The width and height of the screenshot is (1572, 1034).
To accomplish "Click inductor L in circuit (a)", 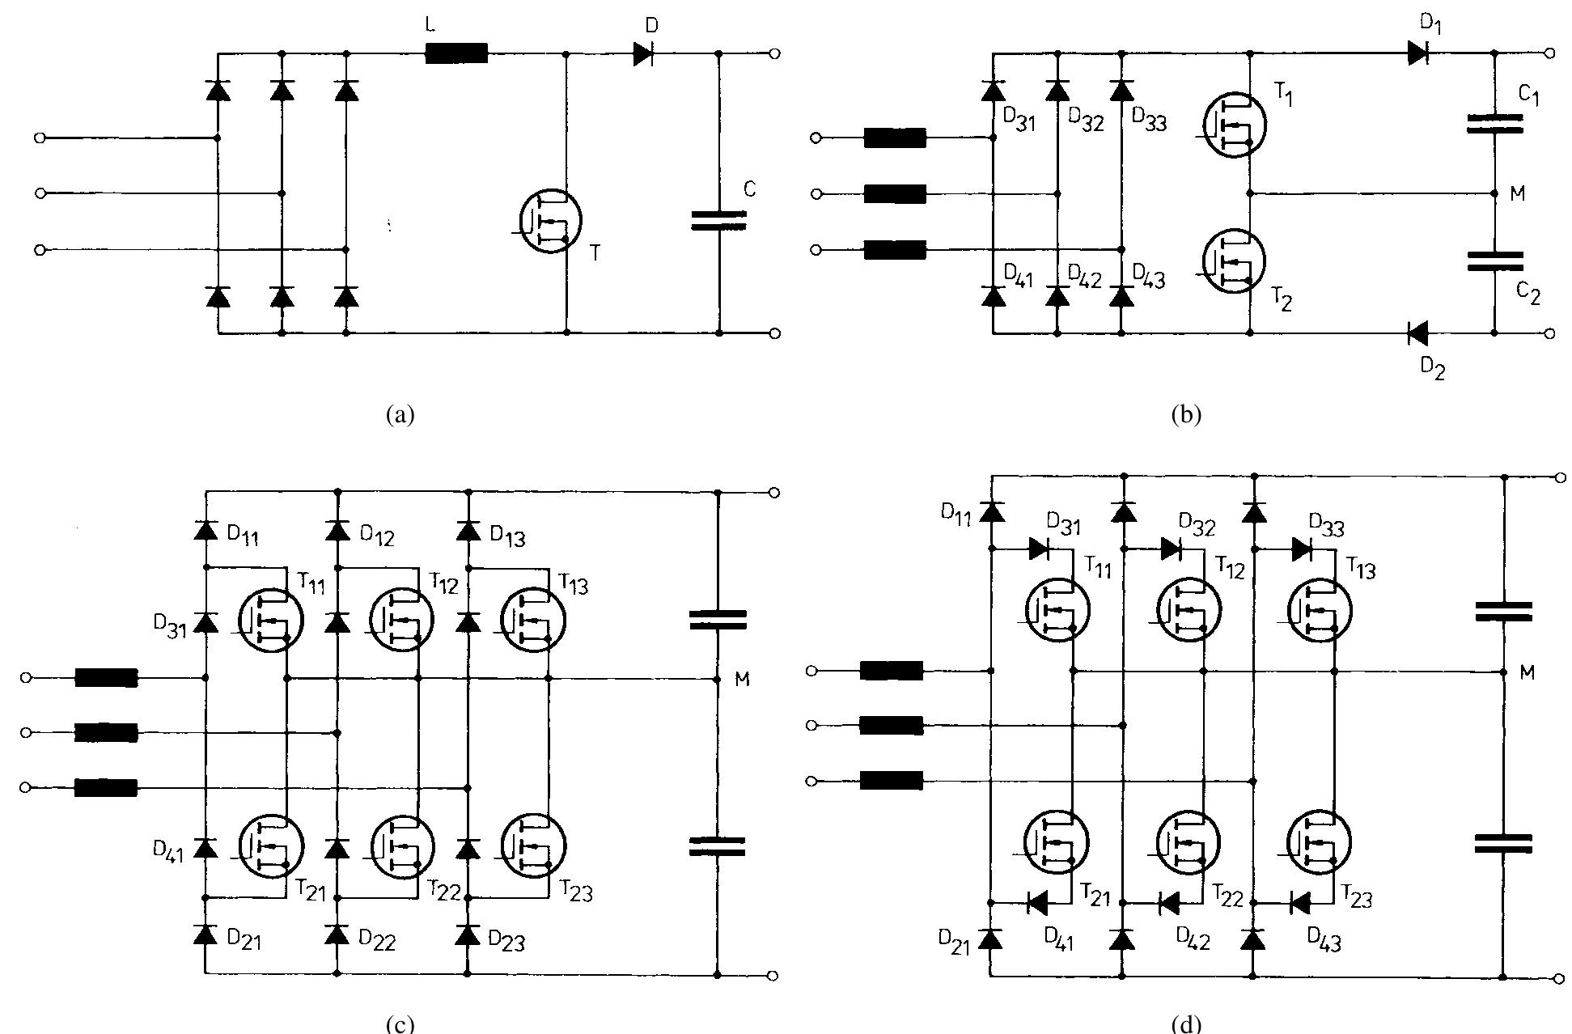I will (x=456, y=53).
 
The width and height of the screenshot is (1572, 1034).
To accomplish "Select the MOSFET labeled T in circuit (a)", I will (x=550, y=221).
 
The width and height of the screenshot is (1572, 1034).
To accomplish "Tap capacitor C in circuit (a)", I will (x=718, y=220).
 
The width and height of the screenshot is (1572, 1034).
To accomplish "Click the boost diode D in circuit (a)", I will (x=643, y=53).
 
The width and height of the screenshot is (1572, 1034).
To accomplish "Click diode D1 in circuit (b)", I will (x=1417, y=53).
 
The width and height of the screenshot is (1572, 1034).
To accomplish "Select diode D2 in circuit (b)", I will (x=1417, y=333).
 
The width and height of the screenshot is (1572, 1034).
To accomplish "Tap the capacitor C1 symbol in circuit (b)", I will (x=1494, y=123).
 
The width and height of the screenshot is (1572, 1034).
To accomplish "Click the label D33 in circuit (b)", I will (x=1149, y=121).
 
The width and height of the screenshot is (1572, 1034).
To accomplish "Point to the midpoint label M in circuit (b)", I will (x=1518, y=194).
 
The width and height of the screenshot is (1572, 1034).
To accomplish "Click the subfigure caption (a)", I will (x=400, y=415).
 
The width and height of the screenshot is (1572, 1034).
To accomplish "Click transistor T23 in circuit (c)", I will (x=533, y=845).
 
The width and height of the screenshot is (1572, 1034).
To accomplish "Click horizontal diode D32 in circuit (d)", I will (x=1171, y=549).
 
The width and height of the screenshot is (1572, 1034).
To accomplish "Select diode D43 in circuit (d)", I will (x=1300, y=902).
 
